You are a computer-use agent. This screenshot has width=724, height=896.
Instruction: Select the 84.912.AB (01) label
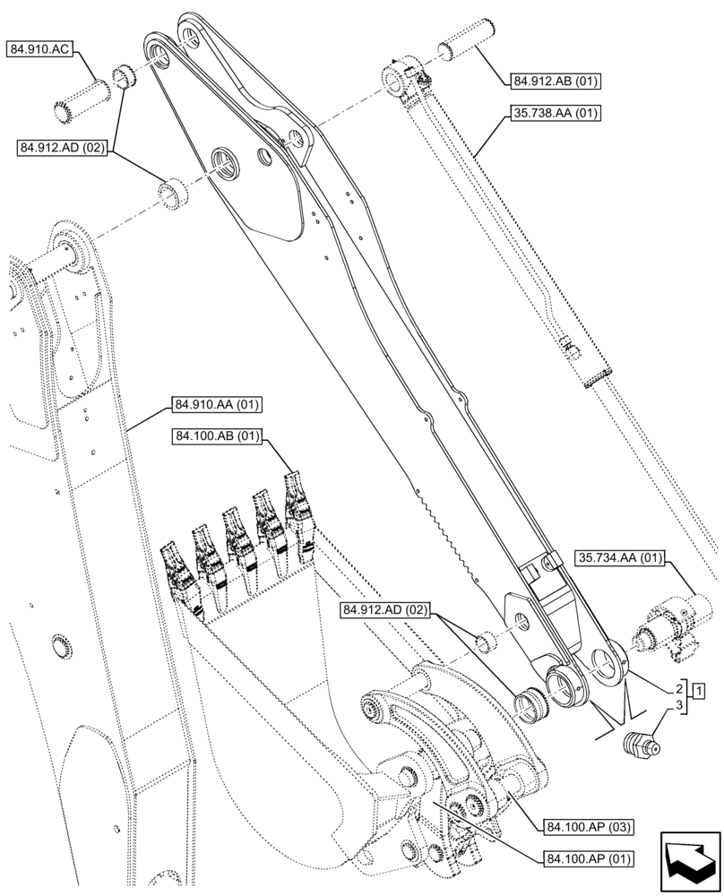point(555,82)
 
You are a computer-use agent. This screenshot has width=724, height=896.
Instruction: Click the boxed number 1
point(697,690)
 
